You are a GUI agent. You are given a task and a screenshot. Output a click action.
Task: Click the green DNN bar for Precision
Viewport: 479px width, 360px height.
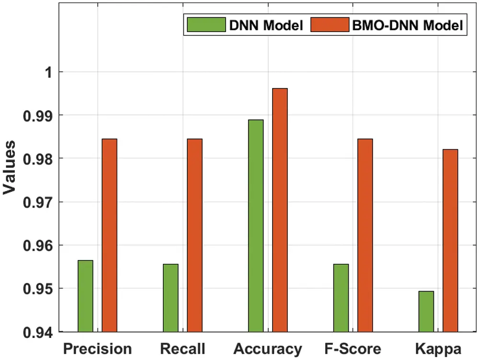pos(85,296)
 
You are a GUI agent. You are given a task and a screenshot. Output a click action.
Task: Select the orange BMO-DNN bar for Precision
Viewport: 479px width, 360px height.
pos(110,235)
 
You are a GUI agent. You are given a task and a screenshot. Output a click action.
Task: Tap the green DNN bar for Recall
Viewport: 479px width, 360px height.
pos(171,298)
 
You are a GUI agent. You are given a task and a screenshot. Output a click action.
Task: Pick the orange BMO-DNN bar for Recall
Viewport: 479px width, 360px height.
pos(195,235)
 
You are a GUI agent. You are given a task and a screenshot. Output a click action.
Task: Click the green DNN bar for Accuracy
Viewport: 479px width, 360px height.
pos(256,225)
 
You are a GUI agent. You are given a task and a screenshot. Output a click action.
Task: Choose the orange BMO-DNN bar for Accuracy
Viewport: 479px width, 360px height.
pos(280,210)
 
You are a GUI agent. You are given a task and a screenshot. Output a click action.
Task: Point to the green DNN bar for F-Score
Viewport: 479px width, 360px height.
pos(341,298)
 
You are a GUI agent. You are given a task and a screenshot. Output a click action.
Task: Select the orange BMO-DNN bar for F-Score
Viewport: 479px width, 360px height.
pos(365,235)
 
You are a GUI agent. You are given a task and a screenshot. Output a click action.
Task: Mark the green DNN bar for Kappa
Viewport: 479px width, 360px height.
pos(426,311)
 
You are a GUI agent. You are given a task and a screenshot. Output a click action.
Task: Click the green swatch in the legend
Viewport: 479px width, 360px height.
pos(206,25)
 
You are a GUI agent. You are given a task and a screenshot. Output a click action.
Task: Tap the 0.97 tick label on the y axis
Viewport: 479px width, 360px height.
pos(39,202)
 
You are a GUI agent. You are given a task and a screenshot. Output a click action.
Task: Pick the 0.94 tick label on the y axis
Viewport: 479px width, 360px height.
pos(39,332)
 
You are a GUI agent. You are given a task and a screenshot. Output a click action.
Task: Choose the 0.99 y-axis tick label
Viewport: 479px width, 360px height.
pos(39,115)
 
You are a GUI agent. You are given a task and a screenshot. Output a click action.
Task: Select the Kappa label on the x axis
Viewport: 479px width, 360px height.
pos(438,349)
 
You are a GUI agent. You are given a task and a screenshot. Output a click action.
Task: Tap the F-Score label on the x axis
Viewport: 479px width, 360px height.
pos(353,348)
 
